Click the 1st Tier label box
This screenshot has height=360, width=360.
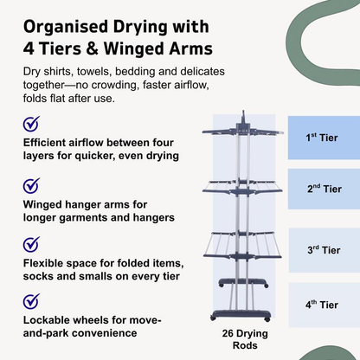(323, 137)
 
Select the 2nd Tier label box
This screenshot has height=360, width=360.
(323, 190)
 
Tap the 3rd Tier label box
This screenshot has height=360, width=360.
(323, 249)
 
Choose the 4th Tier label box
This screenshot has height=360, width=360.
(323, 305)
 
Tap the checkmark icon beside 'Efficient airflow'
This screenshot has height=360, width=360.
(30, 125)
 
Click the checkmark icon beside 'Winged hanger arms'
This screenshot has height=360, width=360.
(30, 185)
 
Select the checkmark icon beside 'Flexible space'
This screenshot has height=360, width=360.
(30, 243)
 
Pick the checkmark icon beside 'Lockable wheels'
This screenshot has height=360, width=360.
(30, 300)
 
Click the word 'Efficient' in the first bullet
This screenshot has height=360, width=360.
(47, 143)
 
